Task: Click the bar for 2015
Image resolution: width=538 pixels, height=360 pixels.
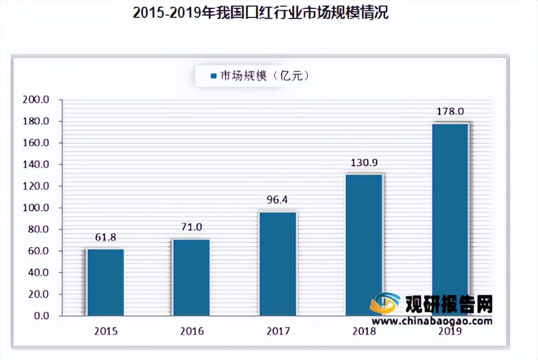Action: (x=105, y=282)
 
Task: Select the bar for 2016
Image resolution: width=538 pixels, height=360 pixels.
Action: (x=191, y=277)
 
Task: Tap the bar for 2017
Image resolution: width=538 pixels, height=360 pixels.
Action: (x=277, y=263)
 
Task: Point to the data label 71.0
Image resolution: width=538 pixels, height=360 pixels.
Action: (x=191, y=228)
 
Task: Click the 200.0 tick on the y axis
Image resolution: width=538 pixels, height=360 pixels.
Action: (x=37, y=100)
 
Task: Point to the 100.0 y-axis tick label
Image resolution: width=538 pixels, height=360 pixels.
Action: (x=37, y=208)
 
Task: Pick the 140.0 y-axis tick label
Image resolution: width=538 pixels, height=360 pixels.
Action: (x=37, y=165)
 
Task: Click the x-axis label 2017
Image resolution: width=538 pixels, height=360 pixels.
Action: (x=277, y=332)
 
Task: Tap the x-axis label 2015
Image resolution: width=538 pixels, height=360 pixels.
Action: (x=105, y=332)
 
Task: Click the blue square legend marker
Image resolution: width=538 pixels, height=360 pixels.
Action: (x=213, y=75)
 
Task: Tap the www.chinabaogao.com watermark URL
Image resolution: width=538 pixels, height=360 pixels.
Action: (x=432, y=321)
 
